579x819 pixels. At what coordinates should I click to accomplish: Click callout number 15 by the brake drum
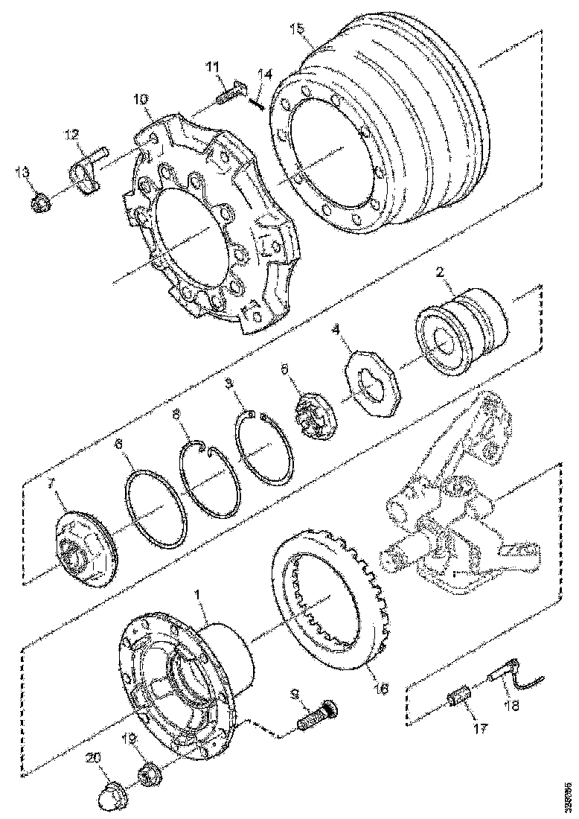[x=297, y=30]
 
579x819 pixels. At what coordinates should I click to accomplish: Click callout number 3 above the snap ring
[x=230, y=383]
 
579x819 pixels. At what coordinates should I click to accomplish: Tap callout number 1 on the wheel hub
[x=197, y=596]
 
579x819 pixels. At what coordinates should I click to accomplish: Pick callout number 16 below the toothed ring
[x=381, y=689]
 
